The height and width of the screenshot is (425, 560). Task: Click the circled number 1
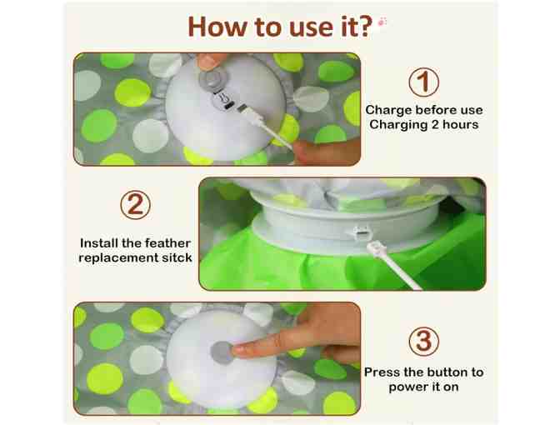[x=423, y=82]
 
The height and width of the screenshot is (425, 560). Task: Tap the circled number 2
[x=135, y=205]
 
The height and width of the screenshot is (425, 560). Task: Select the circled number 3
[x=423, y=341]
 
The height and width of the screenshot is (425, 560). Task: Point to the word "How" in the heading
[x=217, y=27]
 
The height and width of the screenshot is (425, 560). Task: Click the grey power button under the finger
[x=222, y=352]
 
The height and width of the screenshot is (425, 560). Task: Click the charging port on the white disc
[x=227, y=106]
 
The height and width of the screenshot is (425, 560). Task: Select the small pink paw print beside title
[x=382, y=22]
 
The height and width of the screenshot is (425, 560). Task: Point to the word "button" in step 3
[x=445, y=372]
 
